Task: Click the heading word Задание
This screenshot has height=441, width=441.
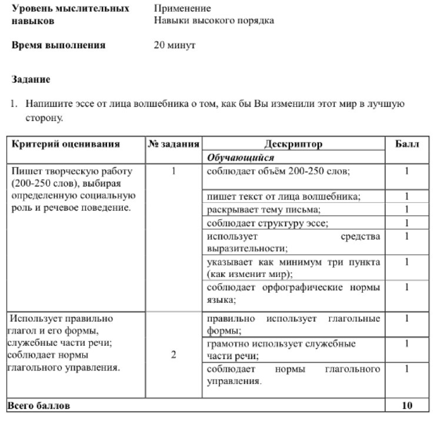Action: click(31, 79)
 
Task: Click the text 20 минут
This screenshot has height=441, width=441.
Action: click(175, 45)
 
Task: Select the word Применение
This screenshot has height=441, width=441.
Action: click(182, 9)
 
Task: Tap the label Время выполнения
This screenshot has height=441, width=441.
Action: click(59, 45)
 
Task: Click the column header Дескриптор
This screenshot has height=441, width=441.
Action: click(293, 144)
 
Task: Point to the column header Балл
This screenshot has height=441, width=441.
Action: click(407, 144)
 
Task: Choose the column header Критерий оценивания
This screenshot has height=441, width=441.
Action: click(66, 144)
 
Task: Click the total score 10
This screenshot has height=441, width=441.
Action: click(407, 406)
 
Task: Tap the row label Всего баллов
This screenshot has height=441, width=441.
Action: click(38, 406)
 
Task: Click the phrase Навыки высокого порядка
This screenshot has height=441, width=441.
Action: click(214, 21)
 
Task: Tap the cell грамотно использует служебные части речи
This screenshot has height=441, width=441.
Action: click(281, 349)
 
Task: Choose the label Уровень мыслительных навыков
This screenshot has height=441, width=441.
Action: click(71, 15)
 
